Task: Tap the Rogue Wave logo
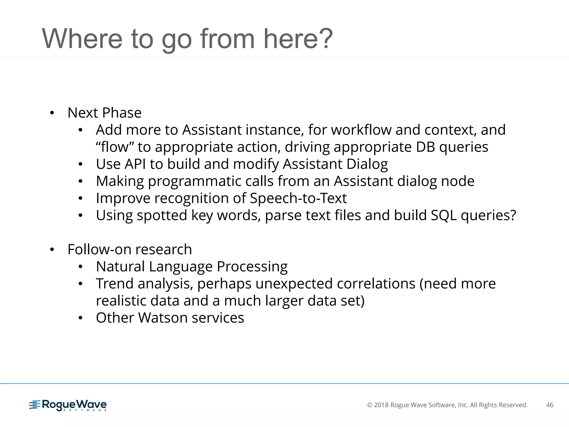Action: [68, 405]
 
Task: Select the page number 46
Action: [550, 405]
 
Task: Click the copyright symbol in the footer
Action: [370, 405]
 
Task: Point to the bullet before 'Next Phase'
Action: [52, 113]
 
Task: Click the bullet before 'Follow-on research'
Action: [52, 250]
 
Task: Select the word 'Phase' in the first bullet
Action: [122, 113]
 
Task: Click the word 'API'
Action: [135, 164]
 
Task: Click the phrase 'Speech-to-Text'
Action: [298, 198]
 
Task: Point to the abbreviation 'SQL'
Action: [443, 215]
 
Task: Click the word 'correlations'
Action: [376, 284]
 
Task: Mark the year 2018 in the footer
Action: [381, 405]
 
